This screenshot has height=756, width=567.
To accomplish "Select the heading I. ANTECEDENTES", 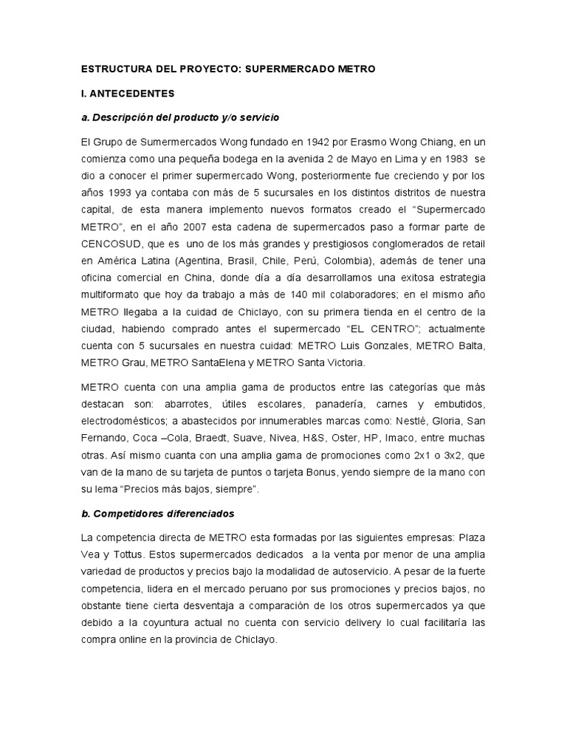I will pos(127,94).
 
